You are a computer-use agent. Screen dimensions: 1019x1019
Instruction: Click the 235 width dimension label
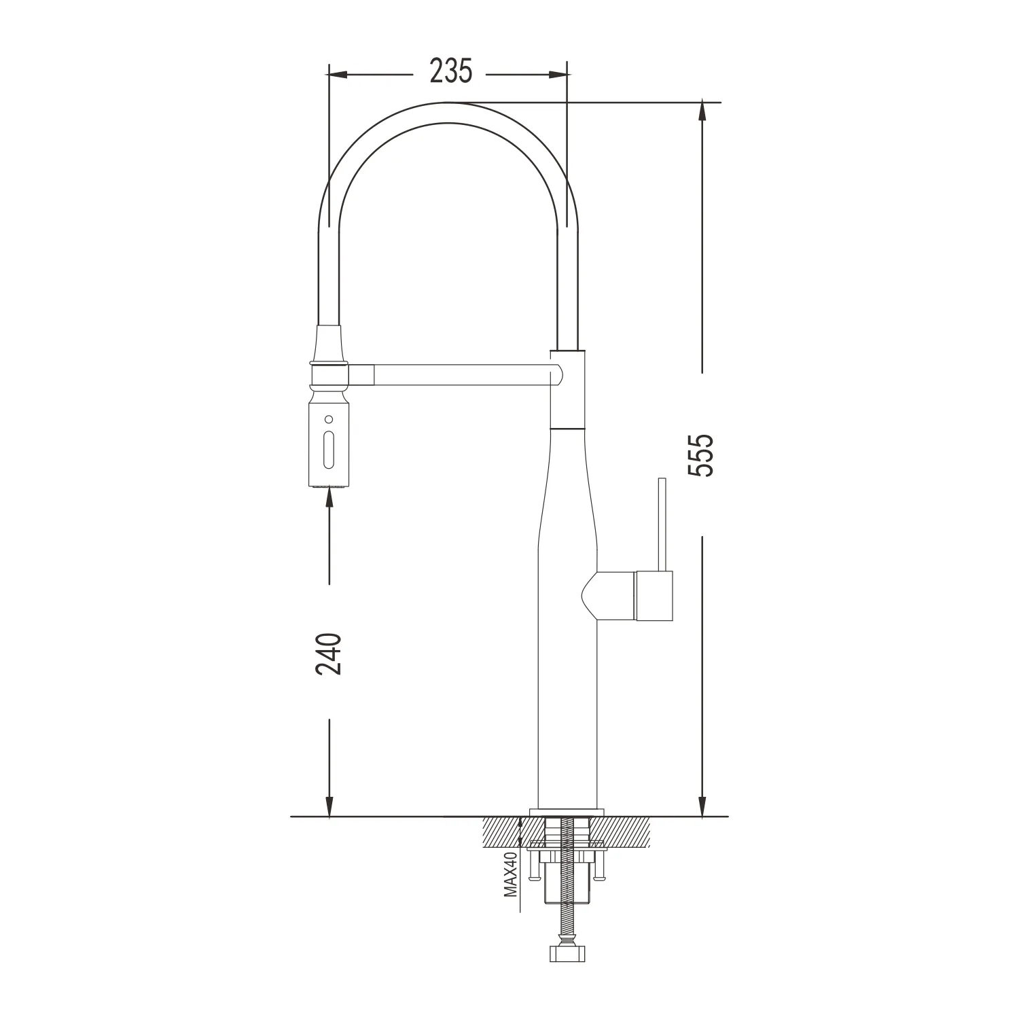450,71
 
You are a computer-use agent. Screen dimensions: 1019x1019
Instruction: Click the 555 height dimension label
701,454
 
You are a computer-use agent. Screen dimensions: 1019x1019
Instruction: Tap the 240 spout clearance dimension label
329,654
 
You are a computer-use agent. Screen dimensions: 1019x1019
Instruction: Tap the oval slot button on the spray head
329,449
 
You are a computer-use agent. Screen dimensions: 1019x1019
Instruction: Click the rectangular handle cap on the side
654,596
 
